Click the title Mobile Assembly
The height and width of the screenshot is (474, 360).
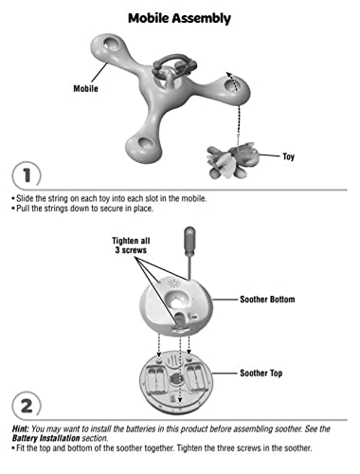click(x=179, y=18)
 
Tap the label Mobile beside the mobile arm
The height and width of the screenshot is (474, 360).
click(x=85, y=88)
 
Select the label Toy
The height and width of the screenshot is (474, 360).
click(x=288, y=156)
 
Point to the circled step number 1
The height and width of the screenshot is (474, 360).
click(x=27, y=175)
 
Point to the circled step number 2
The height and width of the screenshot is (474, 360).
click(x=27, y=406)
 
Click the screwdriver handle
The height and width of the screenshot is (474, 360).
click(x=189, y=239)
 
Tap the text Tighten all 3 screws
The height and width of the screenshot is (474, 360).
click(x=131, y=246)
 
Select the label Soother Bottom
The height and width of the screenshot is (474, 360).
click(x=267, y=300)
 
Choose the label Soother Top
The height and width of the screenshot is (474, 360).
click(x=261, y=374)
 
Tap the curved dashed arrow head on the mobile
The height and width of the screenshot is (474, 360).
click(x=229, y=75)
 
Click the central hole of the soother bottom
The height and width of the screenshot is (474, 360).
click(x=176, y=300)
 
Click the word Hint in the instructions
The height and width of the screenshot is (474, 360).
click(x=21, y=428)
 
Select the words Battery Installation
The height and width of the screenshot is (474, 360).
click(x=46, y=438)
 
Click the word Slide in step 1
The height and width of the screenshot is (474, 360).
click(x=25, y=198)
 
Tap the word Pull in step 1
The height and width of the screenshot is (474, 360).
click(x=23, y=209)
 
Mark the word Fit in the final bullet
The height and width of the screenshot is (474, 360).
click(x=21, y=448)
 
